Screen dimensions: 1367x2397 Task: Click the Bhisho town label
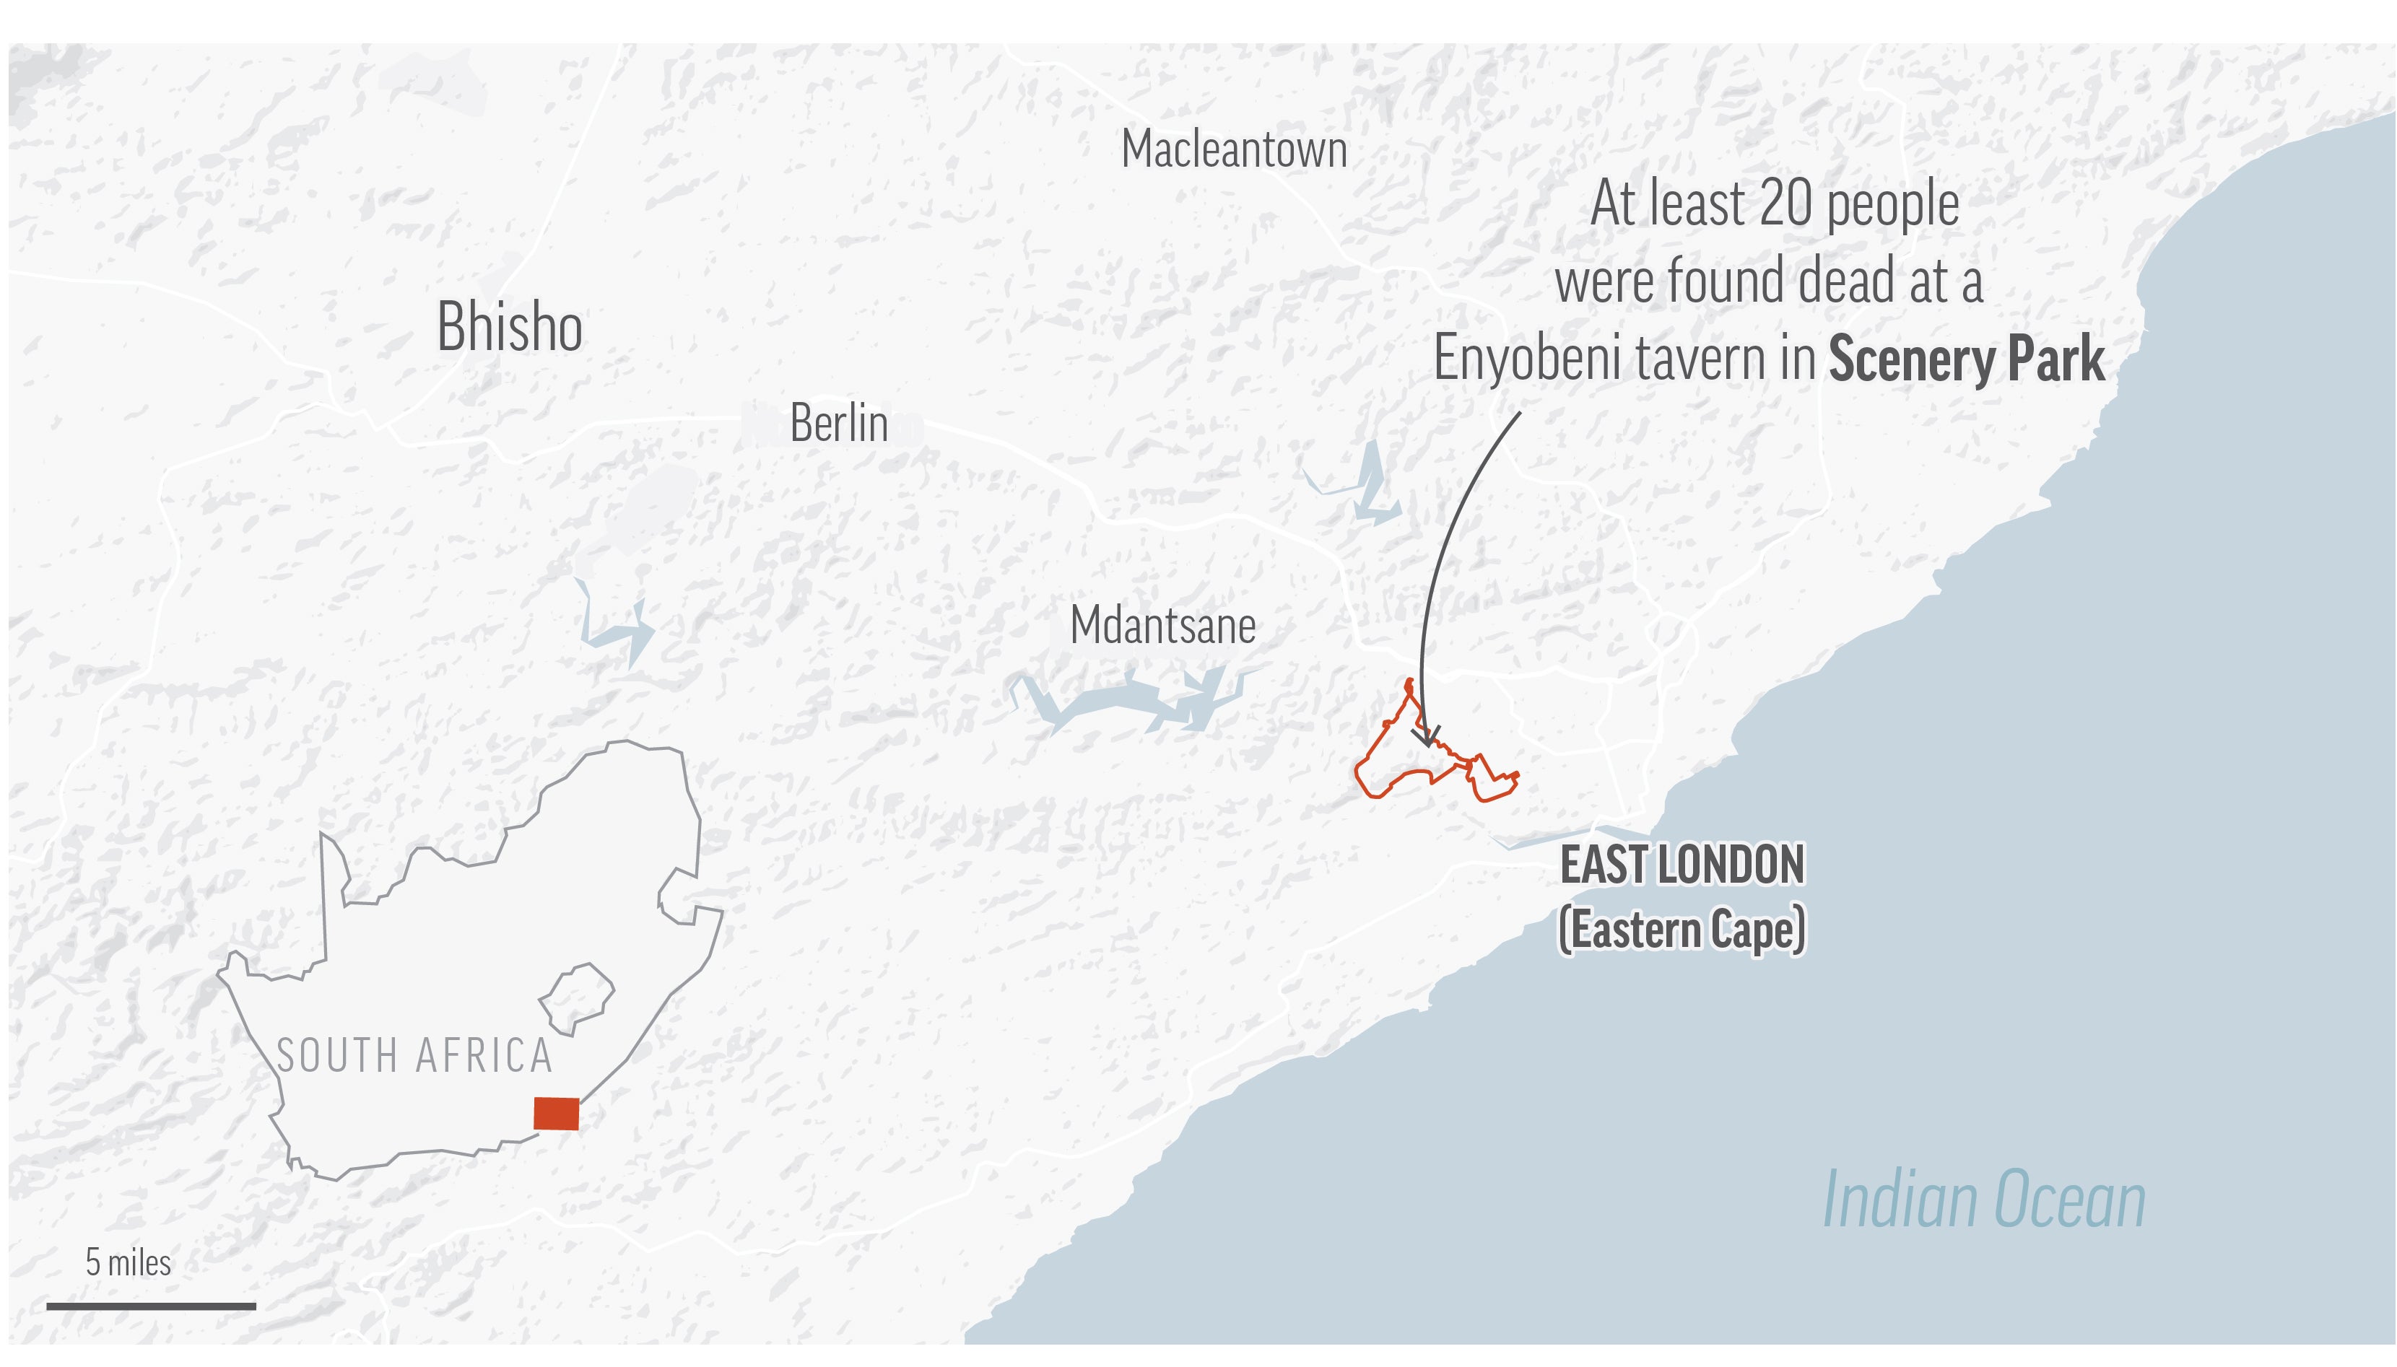coord(510,327)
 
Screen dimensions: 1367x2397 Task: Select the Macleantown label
coord(1234,149)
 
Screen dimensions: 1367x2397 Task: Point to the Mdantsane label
coord(1162,625)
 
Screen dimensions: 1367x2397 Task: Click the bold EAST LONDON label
coord(1682,865)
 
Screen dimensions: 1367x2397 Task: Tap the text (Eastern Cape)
coord(1682,930)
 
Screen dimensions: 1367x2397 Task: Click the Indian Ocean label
coord(1984,1200)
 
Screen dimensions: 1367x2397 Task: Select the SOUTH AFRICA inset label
coord(414,1056)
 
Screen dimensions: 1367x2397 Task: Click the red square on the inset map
coord(556,1114)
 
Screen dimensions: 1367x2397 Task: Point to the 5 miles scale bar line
coord(151,1306)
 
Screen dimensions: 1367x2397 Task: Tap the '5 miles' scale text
coord(129,1263)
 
